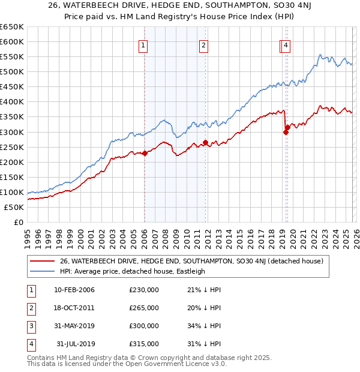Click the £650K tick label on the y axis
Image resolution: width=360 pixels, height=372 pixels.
[x=12, y=27]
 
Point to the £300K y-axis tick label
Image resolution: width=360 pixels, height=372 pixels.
[x=12, y=132]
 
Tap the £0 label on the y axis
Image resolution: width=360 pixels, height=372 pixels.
[x=19, y=223]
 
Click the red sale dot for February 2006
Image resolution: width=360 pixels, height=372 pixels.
[x=145, y=153]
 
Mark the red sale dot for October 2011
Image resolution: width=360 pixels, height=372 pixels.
[x=205, y=143]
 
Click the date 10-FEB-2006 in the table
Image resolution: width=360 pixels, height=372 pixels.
[x=74, y=290]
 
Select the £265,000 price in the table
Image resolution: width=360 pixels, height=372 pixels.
[x=144, y=308]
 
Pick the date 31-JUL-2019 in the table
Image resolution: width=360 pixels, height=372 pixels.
[x=75, y=344]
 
